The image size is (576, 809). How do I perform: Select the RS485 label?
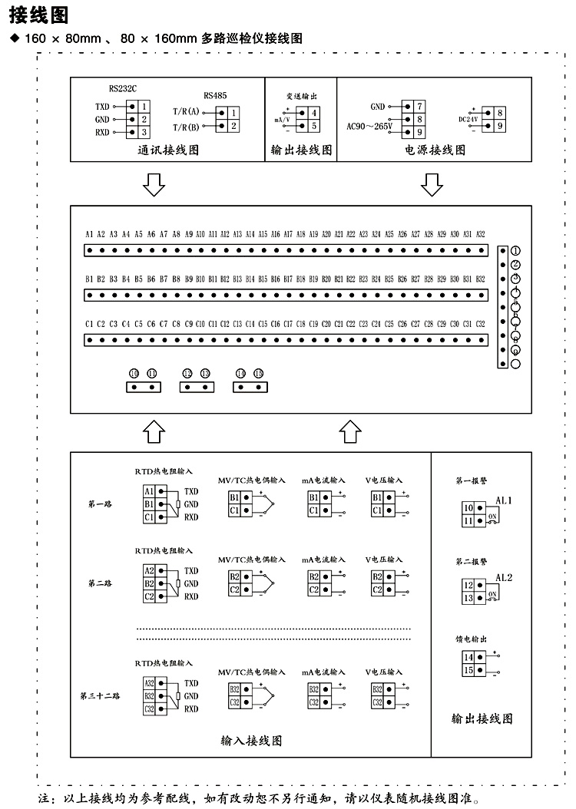pos(215,96)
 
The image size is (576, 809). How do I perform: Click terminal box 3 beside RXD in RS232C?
pos(143,133)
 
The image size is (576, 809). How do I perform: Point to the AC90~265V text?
pos(369,126)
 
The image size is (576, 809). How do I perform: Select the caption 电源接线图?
pos(435,150)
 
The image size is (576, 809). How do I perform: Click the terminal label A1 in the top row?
pos(89,234)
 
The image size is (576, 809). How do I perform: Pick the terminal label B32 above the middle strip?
pos(481,279)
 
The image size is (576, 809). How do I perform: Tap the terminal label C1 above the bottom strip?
pos(89,324)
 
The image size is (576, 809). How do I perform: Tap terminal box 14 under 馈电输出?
pos(468,657)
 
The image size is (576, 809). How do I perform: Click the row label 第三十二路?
pos(100,696)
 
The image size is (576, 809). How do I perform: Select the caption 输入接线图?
pos(251,741)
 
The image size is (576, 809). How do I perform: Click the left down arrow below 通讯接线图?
pos(154,184)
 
